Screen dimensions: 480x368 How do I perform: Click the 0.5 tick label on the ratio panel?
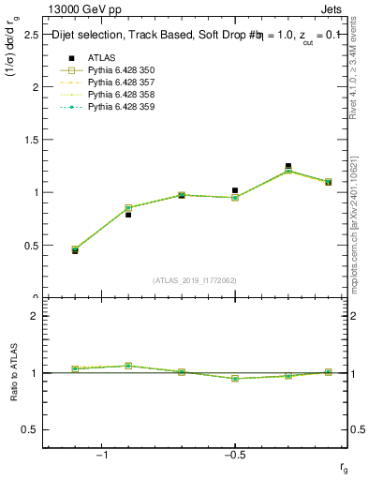[x=30, y=429]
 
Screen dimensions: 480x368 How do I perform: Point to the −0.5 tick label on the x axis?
[x=234, y=455]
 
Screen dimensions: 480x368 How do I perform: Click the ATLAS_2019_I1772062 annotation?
[x=195, y=280]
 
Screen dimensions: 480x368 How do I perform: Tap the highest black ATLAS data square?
[x=288, y=166]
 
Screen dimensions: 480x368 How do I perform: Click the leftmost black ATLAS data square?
[x=75, y=251]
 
